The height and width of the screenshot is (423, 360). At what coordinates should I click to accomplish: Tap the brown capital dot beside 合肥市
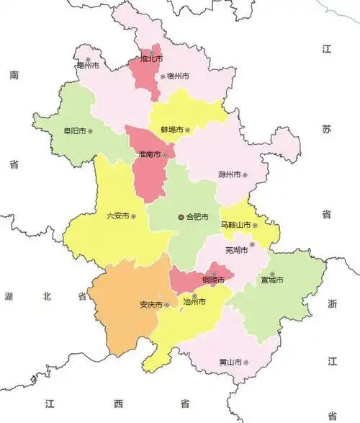[180, 216]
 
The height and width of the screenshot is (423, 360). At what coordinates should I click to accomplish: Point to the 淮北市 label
[150, 58]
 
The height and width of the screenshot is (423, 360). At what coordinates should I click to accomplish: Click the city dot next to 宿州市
[162, 76]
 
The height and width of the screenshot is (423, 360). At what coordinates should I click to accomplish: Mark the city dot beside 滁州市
[245, 174]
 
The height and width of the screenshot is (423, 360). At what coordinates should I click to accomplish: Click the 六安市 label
[117, 215]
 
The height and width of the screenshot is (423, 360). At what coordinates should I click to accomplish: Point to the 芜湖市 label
[236, 250]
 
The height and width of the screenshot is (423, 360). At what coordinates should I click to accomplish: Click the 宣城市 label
[272, 280]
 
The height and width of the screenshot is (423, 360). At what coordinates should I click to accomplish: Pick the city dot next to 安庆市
[166, 305]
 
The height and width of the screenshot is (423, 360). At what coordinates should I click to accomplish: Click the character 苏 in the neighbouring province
[326, 130]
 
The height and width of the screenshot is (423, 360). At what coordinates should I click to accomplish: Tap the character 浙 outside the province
[332, 304]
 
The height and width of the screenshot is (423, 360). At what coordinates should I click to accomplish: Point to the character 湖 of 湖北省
[9, 296]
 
